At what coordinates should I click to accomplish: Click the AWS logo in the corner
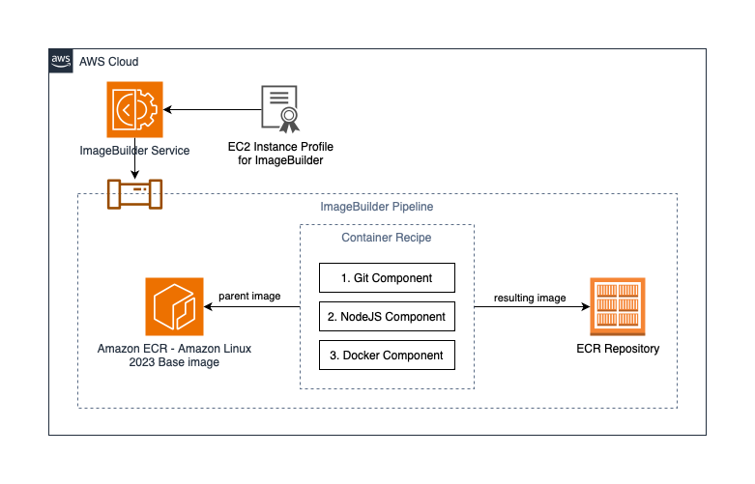61,61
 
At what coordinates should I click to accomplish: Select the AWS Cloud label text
109,62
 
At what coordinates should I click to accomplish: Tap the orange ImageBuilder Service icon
134,110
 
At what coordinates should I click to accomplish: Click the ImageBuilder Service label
134,151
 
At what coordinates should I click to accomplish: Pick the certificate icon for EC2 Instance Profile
280,109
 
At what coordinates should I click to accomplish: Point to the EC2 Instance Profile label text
280,154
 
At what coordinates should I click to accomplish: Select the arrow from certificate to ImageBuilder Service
213,110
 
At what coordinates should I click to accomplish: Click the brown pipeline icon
134,194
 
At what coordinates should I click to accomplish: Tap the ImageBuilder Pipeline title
377,207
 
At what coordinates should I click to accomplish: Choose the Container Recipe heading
387,238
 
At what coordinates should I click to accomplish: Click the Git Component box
387,277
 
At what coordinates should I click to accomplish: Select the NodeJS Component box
387,317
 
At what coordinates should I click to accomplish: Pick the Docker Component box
387,356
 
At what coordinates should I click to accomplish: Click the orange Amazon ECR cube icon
174,306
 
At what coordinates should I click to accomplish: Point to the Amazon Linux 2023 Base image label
174,356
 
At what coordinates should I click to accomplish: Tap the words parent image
249,296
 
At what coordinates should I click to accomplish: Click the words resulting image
530,298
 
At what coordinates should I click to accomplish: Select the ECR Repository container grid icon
618,306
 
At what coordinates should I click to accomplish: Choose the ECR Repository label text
618,349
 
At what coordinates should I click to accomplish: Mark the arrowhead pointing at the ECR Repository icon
586,306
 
